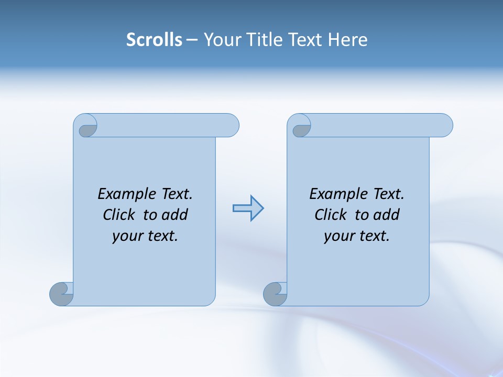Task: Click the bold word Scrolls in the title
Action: pos(155,40)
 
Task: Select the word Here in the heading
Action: pos(348,40)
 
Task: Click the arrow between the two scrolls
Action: pos(248,208)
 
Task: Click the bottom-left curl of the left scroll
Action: pos(62,293)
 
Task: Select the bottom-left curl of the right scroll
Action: pos(275,294)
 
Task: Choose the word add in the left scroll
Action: pos(175,215)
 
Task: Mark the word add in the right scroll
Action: pos(387,215)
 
